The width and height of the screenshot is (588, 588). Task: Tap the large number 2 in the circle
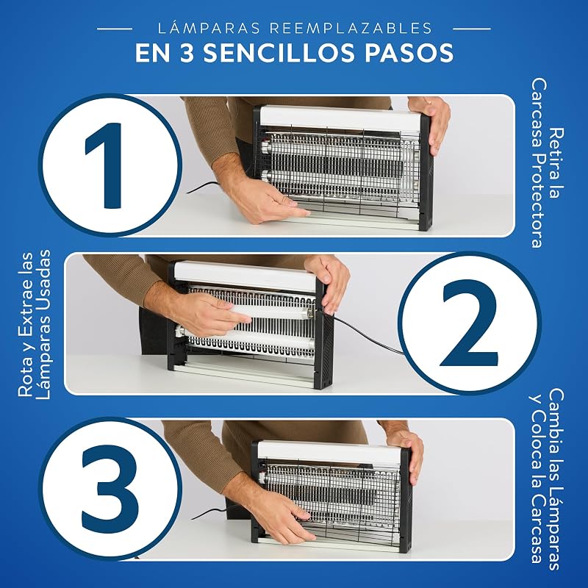pyautogui.click(x=470, y=323)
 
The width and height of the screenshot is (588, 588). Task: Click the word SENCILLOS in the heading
pyautogui.click(x=279, y=53)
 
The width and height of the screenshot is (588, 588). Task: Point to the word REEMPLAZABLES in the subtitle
pyautogui.click(x=351, y=29)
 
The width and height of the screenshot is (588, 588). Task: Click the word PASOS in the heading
pyautogui.click(x=409, y=53)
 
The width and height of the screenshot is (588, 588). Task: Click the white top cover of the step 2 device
pyautogui.click(x=246, y=276)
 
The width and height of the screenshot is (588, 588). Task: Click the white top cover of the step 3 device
pyautogui.click(x=330, y=453)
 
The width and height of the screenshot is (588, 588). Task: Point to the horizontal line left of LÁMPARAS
pyautogui.click(x=115, y=29)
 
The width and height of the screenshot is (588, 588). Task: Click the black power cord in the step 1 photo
pyautogui.click(x=203, y=187)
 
